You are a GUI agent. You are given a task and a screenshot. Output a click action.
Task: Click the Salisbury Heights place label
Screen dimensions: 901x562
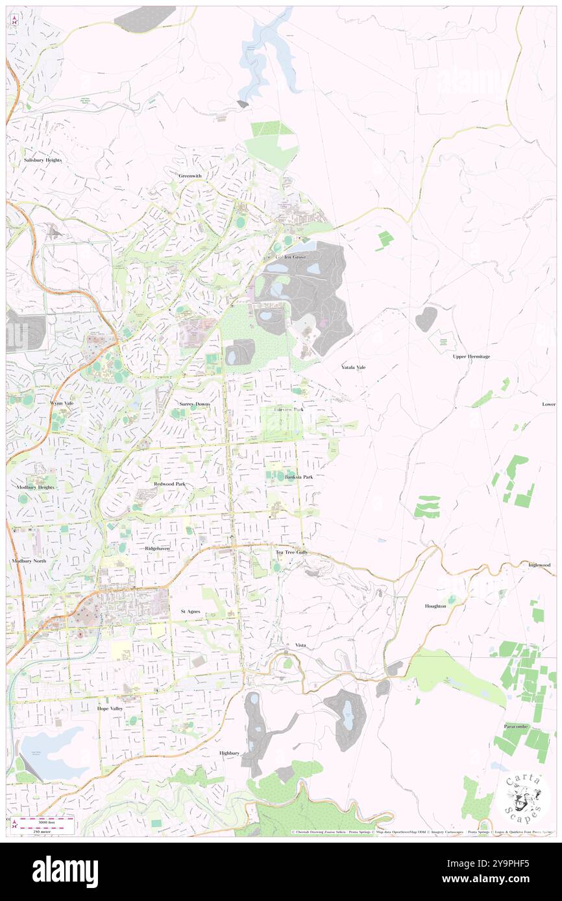click(42, 159)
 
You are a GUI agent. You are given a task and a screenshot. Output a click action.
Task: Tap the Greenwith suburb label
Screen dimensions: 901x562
click(190, 176)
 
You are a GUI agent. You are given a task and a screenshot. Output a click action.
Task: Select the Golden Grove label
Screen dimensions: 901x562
click(286, 257)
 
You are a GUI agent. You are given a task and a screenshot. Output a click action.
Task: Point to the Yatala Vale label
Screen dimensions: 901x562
click(354, 367)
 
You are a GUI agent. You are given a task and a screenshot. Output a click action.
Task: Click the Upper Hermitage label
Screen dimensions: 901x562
click(471, 357)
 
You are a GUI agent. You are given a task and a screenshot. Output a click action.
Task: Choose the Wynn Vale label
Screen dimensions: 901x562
click(62, 403)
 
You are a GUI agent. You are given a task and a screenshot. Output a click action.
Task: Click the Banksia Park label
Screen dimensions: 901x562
click(298, 477)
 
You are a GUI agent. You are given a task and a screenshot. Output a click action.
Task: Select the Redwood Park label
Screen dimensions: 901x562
click(169, 484)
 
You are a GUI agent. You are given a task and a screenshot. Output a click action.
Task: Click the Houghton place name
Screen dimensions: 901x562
click(435, 606)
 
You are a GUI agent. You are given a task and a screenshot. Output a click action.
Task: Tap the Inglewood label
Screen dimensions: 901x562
click(539, 565)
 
